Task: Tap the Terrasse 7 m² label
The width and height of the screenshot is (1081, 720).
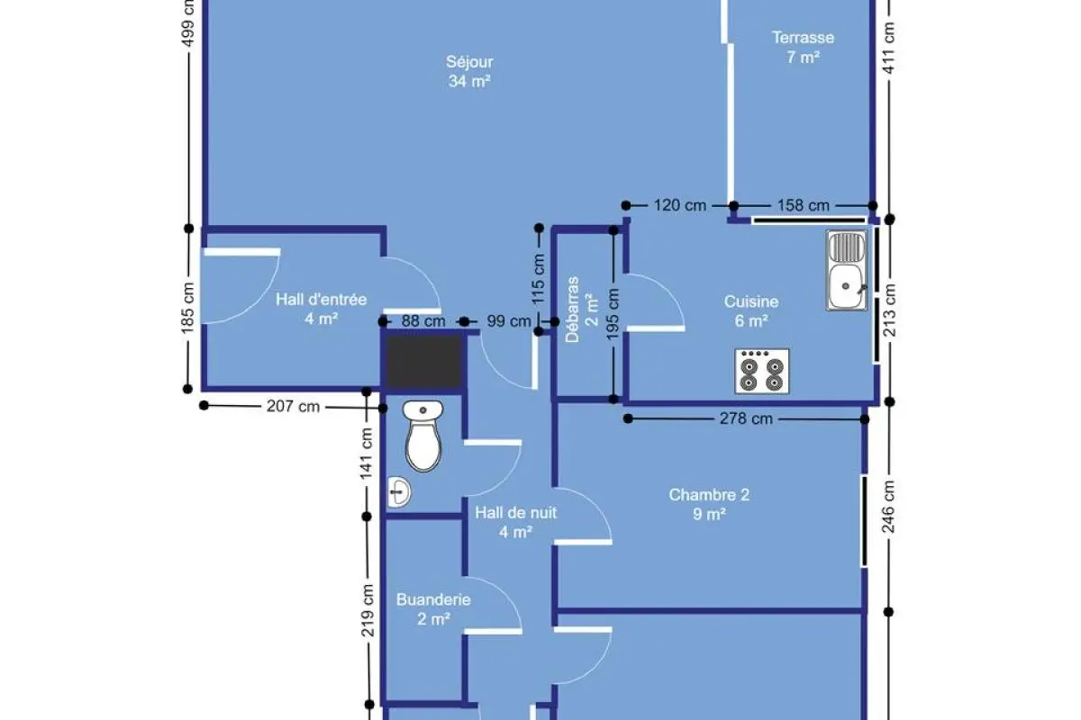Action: (x=803, y=48)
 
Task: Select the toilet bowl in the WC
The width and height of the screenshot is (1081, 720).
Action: (x=423, y=436)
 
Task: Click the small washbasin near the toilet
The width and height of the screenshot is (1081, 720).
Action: (x=399, y=492)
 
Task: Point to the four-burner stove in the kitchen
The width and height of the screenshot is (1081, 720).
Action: (x=762, y=372)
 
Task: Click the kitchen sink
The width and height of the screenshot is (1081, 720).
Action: (x=847, y=270)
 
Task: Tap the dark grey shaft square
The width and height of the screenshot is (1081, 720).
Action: (x=423, y=361)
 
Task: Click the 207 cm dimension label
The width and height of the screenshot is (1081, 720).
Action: (x=293, y=407)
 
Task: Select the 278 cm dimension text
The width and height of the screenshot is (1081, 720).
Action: (x=746, y=418)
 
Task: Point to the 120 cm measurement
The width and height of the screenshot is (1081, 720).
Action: (x=679, y=205)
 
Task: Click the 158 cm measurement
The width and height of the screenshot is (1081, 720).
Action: (x=803, y=205)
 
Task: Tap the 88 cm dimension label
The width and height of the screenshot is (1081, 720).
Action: (x=423, y=321)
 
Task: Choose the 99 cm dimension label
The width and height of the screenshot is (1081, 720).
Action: (x=509, y=321)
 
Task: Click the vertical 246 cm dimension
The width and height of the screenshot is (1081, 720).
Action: (x=889, y=507)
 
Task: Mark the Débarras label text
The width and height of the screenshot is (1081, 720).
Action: (x=572, y=310)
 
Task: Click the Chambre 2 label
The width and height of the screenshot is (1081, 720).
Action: (x=709, y=495)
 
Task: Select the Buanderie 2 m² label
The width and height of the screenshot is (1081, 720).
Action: (x=433, y=609)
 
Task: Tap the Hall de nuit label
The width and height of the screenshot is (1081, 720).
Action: (x=515, y=513)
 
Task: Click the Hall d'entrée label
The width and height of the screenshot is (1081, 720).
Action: (x=321, y=300)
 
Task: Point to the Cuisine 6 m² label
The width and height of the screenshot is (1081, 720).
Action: (x=751, y=311)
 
